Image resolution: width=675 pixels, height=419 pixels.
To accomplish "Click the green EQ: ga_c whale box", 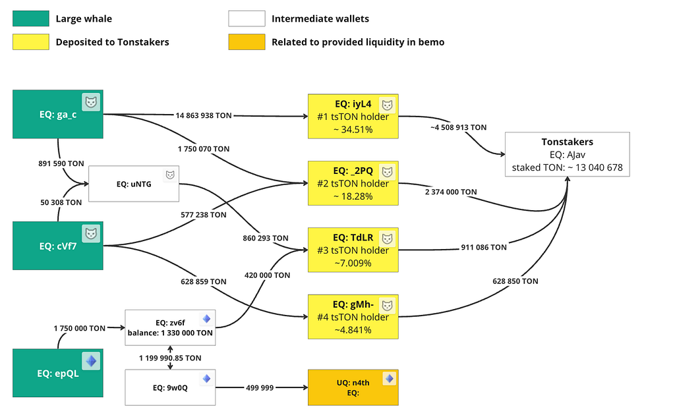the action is [x=58, y=114].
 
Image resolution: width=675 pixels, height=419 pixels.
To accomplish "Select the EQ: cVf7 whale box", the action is [x=58, y=246].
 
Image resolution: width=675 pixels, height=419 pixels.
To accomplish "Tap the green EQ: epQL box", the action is [x=58, y=373].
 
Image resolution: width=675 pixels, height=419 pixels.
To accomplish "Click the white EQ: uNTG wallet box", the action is [x=134, y=184].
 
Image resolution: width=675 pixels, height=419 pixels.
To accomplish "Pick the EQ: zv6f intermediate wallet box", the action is [x=170, y=327].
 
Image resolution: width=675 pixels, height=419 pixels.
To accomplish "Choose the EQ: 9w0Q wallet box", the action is [x=170, y=387].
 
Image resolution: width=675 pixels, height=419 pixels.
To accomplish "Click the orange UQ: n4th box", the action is [x=353, y=387].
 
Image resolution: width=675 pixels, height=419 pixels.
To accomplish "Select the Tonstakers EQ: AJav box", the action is [x=568, y=154].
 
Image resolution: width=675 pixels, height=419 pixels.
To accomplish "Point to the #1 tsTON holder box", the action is [x=353, y=116].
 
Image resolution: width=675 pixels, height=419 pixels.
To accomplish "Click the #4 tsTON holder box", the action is [x=353, y=317].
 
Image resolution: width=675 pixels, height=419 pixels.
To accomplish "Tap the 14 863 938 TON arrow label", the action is [x=204, y=115].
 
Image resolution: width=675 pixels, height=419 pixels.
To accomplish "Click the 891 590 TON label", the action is [x=61, y=163].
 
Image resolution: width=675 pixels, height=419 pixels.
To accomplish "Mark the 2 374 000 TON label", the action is [x=451, y=192].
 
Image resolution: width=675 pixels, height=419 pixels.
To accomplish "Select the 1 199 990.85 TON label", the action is [x=170, y=358].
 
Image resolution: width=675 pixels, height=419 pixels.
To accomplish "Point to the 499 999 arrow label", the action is [x=260, y=387].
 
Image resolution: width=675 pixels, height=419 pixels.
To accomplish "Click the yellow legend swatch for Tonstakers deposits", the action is [x=31, y=42].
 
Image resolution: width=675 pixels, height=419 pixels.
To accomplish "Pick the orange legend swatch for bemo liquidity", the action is [x=247, y=42].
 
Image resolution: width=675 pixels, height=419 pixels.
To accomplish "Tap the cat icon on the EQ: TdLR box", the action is [x=388, y=238].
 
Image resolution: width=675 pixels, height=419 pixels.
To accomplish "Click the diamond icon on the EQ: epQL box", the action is [x=91, y=361].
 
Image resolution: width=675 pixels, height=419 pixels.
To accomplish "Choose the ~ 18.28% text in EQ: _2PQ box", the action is [x=353, y=196].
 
